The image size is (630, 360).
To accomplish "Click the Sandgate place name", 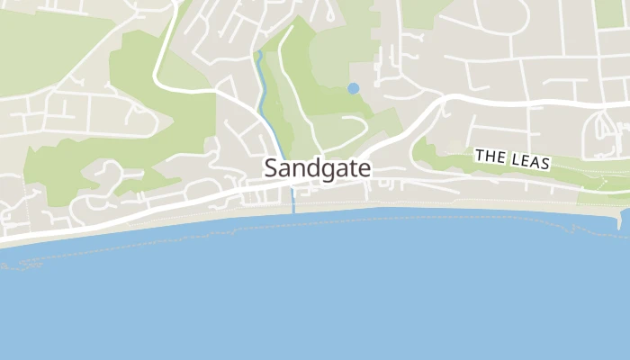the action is point(317,168).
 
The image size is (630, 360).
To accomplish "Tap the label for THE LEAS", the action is point(512,160).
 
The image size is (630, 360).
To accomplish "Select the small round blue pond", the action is point(353,88).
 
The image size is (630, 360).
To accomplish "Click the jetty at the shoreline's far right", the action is point(624,220).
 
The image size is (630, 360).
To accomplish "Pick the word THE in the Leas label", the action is point(490,157).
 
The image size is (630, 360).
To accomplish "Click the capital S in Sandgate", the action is point(271,168).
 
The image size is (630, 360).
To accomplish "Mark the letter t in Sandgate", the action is point(350,168).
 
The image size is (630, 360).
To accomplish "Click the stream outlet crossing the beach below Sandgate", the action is point(293,207).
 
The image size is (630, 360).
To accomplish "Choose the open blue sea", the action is point(315,297).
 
